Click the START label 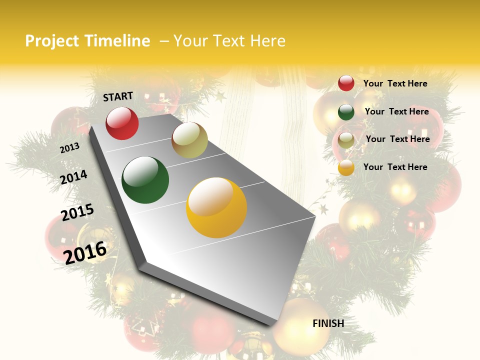click(x=118, y=96)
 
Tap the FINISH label click(x=328, y=323)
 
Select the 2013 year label click(x=69, y=148)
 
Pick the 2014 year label click(x=73, y=177)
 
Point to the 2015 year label click(x=77, y=212)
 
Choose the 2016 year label click(x=85, y=252)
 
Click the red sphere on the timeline click(x=122, y=123)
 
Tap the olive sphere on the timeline click(x=189, y=140)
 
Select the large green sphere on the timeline click(x=145, y=180)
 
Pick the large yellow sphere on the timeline click(x=216, y=207)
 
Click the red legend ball click(x=346, y=83)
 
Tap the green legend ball click(x=346, y=112)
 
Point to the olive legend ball click(x=346, y=140)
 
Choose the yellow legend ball click(x=346, y=168)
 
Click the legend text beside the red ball click(x=395, y=83)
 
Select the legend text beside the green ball click(x=396, y=111)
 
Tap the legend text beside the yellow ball click(x=395, y=167)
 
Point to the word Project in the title click(x=52, y=41)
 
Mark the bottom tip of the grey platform click(x=272, y=325)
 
